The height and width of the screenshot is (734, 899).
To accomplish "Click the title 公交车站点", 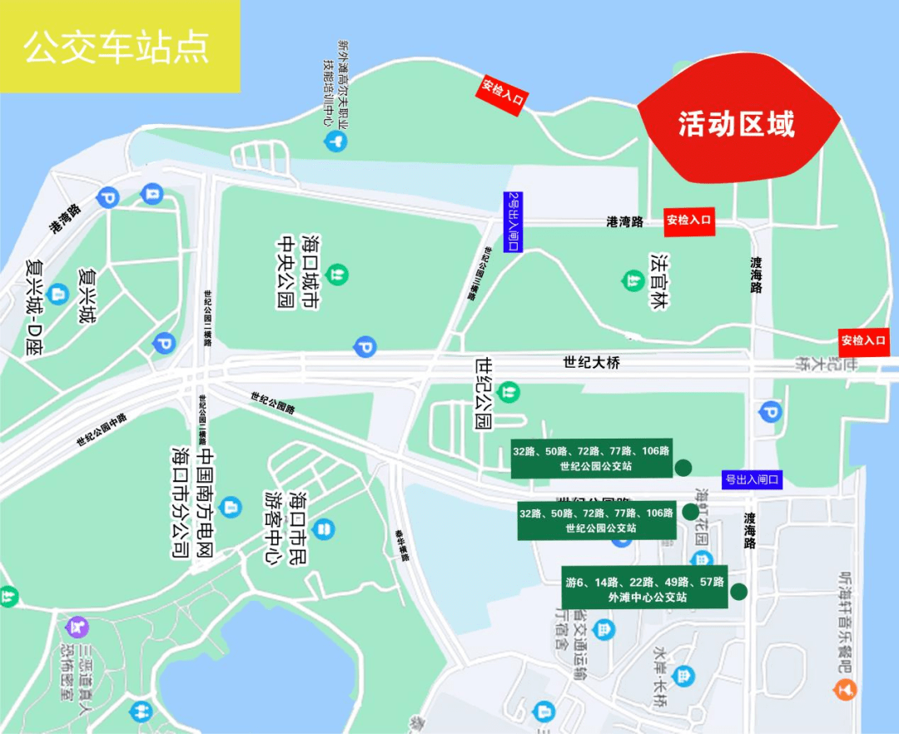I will [117, 47].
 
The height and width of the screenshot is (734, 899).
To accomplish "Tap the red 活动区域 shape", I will [738, 124].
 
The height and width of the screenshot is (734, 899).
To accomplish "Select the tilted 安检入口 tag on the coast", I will [502, 95].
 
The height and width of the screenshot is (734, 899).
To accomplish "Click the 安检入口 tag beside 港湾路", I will [689, 221].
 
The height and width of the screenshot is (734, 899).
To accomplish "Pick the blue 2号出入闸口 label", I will [513, 221].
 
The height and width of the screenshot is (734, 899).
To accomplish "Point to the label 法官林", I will [660, 280].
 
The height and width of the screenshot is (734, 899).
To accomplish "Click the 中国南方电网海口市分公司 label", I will [193, 503].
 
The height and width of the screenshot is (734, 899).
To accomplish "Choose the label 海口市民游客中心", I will [286, 528].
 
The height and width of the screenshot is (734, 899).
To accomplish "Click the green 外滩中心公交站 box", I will [644, 588].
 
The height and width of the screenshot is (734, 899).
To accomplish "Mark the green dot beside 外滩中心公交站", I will [738, 593].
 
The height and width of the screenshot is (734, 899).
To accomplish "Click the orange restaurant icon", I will [846, 689].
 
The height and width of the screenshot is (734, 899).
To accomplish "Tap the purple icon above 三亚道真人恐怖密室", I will [77, 624].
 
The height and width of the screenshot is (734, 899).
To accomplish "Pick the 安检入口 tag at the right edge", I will [865, 340].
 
